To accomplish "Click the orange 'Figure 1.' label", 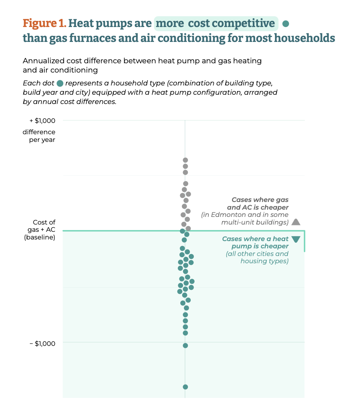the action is (44, 23).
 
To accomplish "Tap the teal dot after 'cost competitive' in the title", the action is (285, 24).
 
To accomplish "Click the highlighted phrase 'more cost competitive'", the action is (216, 23).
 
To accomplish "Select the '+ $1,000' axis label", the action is (42, 121).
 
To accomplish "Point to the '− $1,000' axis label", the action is (42, 343).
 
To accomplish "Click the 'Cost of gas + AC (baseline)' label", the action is (40, 230).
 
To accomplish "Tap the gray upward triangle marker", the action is (296, 222).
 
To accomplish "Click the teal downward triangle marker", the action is (296, 239).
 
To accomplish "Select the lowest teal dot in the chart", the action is (185, 387).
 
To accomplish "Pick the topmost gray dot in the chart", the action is (185, 160).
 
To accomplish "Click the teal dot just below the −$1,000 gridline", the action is (185, 346).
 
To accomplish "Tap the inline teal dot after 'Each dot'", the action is (60, 83).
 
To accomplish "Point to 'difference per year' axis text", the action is (39, 136).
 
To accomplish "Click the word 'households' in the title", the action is (304, 38).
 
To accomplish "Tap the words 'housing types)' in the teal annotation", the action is (264, 261).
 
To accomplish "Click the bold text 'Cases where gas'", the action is (260, 200).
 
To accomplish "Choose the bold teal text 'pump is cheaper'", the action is (260, 246).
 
